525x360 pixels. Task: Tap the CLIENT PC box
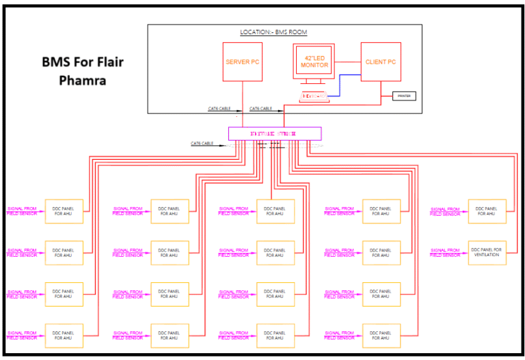coord(380,62)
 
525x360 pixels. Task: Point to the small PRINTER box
coord(404,96)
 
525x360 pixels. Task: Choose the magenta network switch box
coord(274,134)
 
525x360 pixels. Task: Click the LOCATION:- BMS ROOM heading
coord(274,32)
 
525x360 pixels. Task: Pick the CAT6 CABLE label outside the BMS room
coord(202,143)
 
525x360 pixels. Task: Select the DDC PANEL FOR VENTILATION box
coord(487,253)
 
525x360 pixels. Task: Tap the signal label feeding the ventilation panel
coord(445,253)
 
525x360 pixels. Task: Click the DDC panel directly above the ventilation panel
coord(487,211)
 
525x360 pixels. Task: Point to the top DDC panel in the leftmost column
coord(64,211)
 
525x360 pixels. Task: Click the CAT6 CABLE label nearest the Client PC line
coord(260,109)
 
